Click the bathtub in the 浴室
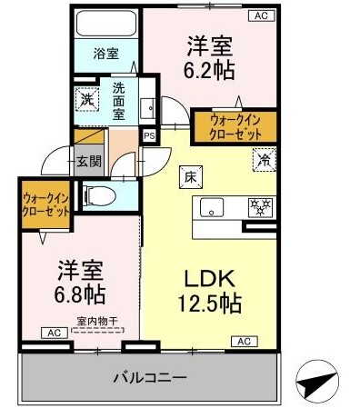[106, 24]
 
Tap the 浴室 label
[105, 54]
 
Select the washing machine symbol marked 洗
[87, 99]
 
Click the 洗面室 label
[119, 101]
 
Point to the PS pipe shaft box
[149, 135]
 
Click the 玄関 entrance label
[88, 162]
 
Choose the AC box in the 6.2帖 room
[261, 15]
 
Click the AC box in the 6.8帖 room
[55, 333]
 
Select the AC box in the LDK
[245, 342]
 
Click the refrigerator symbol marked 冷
[264, 160]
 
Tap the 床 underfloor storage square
[191, 177]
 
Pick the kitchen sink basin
[212, 207]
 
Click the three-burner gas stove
[261, 207]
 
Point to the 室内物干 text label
[97, 321]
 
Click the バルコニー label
[150, 378]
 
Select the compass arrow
[317, 379]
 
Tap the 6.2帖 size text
[209, 70]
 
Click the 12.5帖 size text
[210, 304]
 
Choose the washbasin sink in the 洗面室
[148, 108]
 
